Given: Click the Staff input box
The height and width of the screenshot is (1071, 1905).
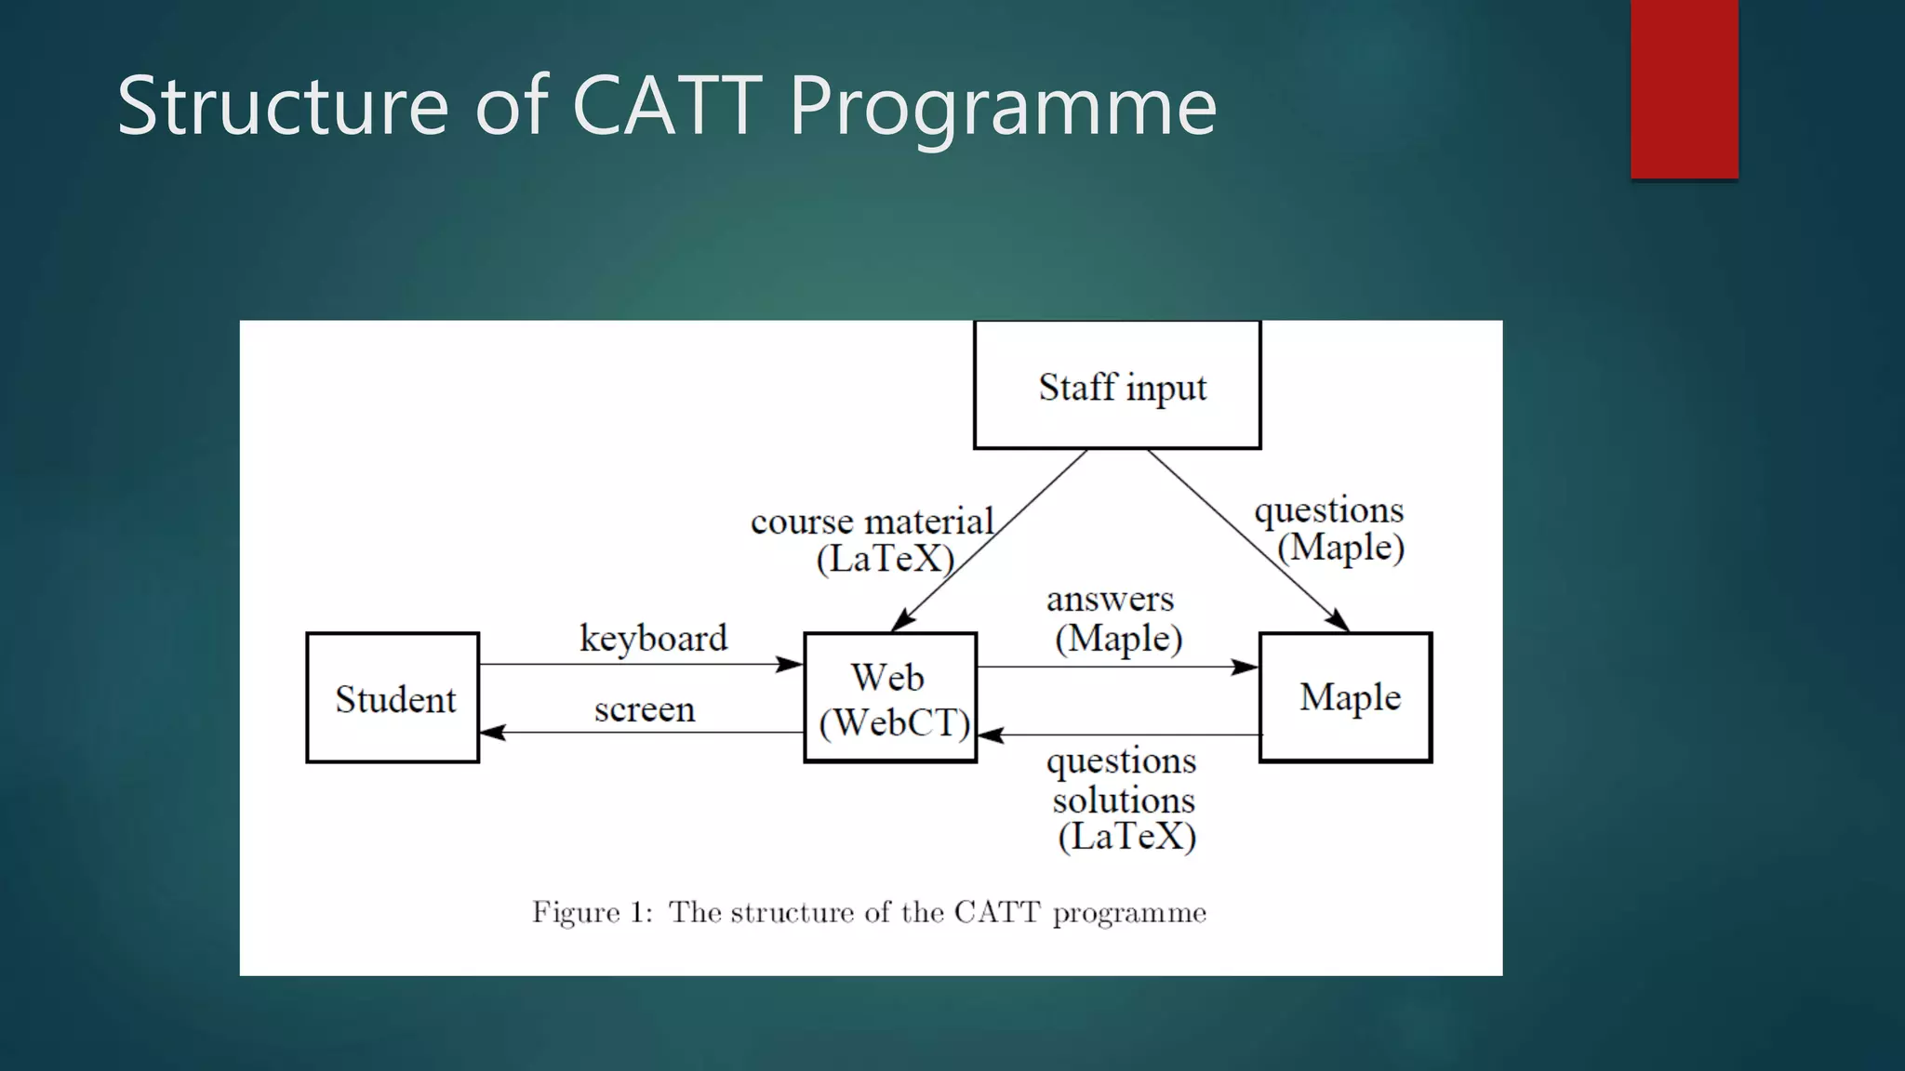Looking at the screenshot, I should [1117, 386].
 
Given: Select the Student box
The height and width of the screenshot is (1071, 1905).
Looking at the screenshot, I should [393, 698].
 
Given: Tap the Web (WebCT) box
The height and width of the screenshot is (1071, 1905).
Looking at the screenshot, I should [890, 698].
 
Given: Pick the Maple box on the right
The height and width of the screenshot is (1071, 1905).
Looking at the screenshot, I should [1345, 697].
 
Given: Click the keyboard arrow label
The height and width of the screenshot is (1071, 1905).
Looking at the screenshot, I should [653, 639].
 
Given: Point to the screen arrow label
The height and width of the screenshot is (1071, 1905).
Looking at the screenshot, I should [645, 710].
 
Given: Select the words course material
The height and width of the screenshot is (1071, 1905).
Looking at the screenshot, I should [872, 522].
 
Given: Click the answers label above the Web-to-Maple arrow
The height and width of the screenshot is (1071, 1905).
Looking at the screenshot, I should [1110, 600].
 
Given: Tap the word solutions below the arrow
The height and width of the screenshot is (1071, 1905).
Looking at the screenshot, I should [1124, 800].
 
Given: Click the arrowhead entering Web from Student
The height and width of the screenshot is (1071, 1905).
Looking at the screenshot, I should [791, 664].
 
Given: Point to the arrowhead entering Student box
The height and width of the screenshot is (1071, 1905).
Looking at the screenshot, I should [492, 733].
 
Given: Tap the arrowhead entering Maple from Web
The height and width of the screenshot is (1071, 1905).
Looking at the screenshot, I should [1246, 667].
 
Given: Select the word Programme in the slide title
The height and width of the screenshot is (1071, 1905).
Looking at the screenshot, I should [1003, 107].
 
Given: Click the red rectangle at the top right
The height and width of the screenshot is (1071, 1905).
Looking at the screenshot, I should [1684, 88].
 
